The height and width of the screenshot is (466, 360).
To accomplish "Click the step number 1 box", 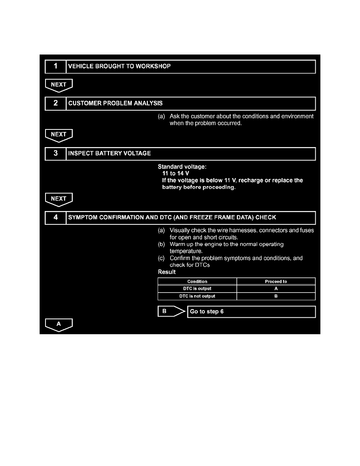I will click(55, 66).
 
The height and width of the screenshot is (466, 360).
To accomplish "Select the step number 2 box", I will click(55, 103).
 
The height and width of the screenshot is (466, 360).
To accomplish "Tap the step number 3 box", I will click(55, 153).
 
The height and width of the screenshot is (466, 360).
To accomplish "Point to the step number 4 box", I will click(55, 217).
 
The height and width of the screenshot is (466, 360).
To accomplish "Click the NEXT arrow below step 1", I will click(59, 85).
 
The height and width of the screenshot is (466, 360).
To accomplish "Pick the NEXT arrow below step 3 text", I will click(59, 199).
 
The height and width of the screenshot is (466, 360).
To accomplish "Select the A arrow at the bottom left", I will click(59, 324).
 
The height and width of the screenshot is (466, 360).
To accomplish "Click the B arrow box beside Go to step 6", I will click(169, 311).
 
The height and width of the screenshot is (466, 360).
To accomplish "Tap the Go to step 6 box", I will click(251, 312).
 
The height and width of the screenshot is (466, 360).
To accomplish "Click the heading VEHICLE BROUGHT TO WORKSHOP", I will click(119, 66).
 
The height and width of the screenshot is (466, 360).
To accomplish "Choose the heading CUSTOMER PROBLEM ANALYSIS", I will click(115, 103).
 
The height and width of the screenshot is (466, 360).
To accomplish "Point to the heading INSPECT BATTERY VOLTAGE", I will click(109, 153).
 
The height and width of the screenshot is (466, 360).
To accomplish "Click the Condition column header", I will click(197, 281).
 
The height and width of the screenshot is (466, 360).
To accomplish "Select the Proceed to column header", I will click(276, 281).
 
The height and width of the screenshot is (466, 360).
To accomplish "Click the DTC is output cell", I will click(197, 289).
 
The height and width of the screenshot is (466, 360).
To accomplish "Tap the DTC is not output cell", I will click(197, 296).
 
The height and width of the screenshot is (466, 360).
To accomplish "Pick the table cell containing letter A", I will click(276, 289).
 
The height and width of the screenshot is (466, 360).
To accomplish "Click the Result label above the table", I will click(167, 272).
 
